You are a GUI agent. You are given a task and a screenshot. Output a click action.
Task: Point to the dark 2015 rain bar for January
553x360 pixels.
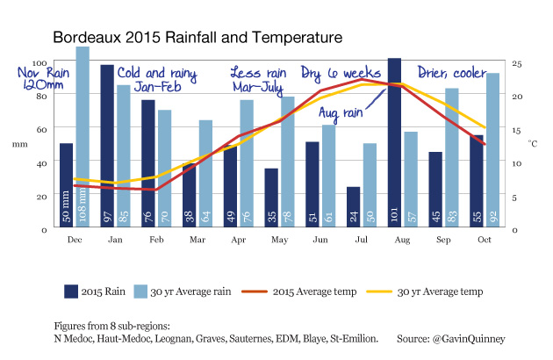[107, 146]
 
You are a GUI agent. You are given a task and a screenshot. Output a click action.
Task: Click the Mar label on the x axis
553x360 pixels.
[197, 239]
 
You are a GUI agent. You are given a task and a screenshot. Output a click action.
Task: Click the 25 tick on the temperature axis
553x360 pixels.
[518, 63]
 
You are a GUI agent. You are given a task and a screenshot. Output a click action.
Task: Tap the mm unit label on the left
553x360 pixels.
[19, 143]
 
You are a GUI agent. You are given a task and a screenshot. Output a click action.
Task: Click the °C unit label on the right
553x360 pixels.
[532, 141]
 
